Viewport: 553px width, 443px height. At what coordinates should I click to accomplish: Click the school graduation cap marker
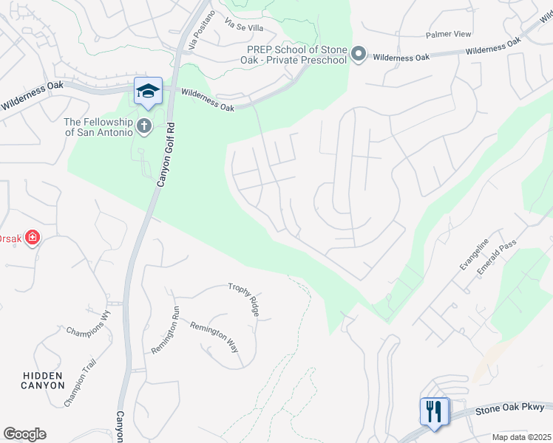pos(148,90)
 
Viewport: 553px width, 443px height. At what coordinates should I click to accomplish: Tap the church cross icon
pos(144,126)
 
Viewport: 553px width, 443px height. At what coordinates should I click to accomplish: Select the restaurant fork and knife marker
pos(434,411)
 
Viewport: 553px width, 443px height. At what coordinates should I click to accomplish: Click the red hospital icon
pos(32,238)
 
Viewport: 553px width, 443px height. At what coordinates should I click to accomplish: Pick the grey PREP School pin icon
pos(359,54)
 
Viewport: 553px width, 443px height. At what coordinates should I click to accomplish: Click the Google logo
pos(24,434)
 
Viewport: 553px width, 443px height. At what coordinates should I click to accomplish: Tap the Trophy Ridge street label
pos(244,299)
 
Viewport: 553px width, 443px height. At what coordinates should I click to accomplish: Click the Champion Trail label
pos(80,381)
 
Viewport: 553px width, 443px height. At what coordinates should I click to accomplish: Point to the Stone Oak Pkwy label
pos(509,408)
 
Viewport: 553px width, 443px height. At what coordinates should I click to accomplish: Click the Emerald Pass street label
pos(496,257)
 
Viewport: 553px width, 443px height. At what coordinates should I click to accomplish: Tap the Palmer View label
pos(448,35)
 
